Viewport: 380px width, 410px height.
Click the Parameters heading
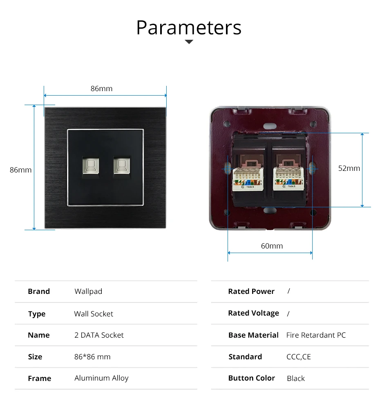click(x=189, y=27)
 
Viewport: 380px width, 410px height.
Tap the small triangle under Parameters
click(x=189, y=42)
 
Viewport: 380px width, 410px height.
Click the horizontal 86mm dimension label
click(x=101, y=88)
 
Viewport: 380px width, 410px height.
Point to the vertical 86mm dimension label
click(x=20, y=170)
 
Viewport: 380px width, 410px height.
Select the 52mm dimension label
click(x=349, y=168)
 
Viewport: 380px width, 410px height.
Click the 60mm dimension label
click(x=272, y=246)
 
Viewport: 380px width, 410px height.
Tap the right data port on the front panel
click(x=121, y=166)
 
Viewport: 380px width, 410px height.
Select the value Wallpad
click(x=88, y=291)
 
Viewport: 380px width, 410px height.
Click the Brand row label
click(x=39, y=291)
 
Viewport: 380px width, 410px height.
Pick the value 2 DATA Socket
click(x=99, y=335)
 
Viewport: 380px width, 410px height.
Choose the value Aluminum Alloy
click(x=101, y=378)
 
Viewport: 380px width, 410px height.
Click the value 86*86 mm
click(x=92, y=357)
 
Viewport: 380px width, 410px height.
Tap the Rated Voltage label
click(x=253, y=313)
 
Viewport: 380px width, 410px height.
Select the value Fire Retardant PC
click(x=316, y=335)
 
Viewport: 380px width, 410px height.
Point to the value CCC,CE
click(x=298, y=357)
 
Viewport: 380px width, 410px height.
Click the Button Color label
click(x=251, y=378)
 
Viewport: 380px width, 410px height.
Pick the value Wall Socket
click(x=94, y=314)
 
